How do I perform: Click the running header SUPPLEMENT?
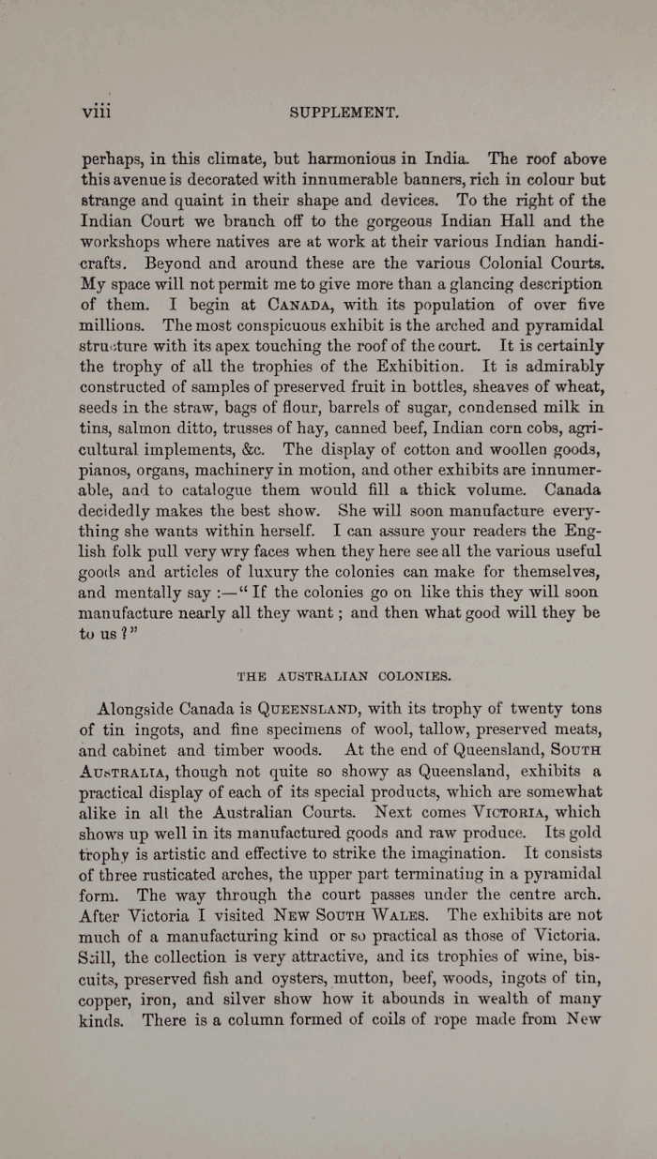point(345,113)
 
